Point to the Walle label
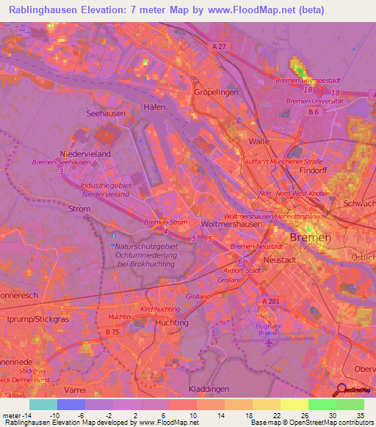pos(259,140)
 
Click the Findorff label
pos(314,169)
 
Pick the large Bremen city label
pos(311,238)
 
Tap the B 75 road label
pos(112,332)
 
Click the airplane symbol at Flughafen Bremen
pos(270,341)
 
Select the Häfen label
pos(155,107)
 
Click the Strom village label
pos(79,209)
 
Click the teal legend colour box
pos(43,404)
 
